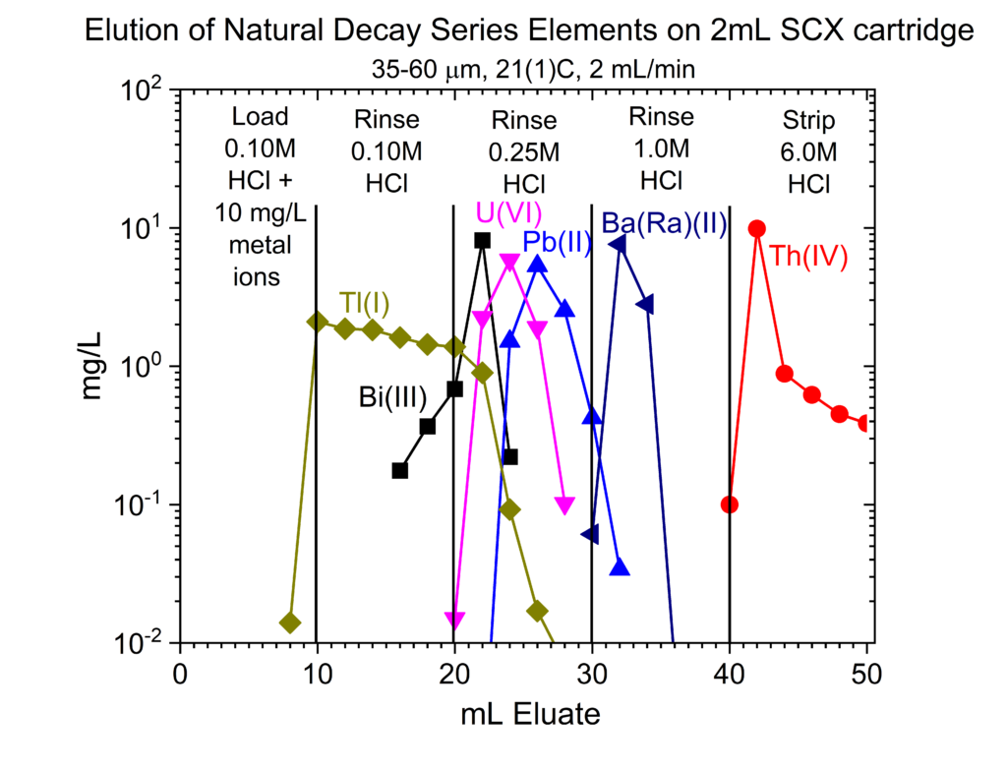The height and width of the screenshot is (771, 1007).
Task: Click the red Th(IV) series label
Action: point(808,256)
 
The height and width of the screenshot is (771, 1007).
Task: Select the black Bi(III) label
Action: point(391,397)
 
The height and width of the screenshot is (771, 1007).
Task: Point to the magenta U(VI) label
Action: point(509,213)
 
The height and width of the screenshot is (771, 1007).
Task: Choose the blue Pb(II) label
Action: point(557,242)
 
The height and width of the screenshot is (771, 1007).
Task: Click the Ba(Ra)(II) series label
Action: point(664,224)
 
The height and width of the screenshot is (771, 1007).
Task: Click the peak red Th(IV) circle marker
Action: point(757,228)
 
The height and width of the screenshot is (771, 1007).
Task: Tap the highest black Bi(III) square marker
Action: point(482,240)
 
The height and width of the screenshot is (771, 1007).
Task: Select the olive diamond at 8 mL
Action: point(289,623)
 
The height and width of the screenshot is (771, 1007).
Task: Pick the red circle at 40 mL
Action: point(730,504)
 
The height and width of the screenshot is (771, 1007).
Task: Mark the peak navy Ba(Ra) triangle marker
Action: point(620,244)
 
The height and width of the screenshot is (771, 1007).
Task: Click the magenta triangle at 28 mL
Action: point(564,504)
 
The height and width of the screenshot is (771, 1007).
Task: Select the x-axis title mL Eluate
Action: point(529,715)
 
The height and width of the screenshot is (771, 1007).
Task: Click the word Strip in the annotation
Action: point(807,121)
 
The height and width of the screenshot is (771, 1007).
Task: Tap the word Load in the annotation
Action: point(261,117)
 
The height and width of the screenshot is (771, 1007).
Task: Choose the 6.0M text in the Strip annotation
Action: point(807,152)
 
